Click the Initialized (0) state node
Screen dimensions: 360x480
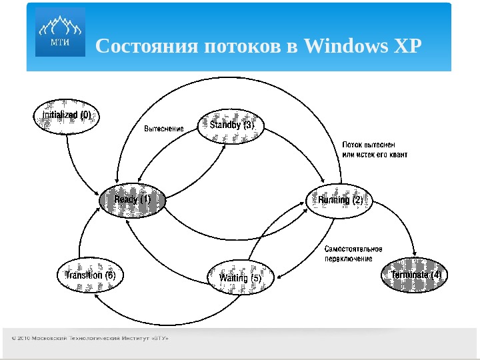pyautogui.click(x=67, y=115)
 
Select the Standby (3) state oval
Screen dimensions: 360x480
pyautogui.click(x=231, y=126)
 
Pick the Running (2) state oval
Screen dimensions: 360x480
pyautogui.click(x=340, y=200)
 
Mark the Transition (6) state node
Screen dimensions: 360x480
pyautogui.click(x=91, y=275)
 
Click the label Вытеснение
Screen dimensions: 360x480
pyautogui.click(x=163, y=128)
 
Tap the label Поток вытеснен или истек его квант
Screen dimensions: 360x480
pyautogui.click(x=374, y=149)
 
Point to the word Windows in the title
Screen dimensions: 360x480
pyautogui.click(x=344, y=47)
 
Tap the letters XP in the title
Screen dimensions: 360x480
pyautogui.click(x=406, y=47)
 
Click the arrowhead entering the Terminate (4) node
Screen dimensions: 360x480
pyautogui.click(x=415, y=258)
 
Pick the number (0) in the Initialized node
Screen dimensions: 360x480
pyautogui.click(x=85, y=115)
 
